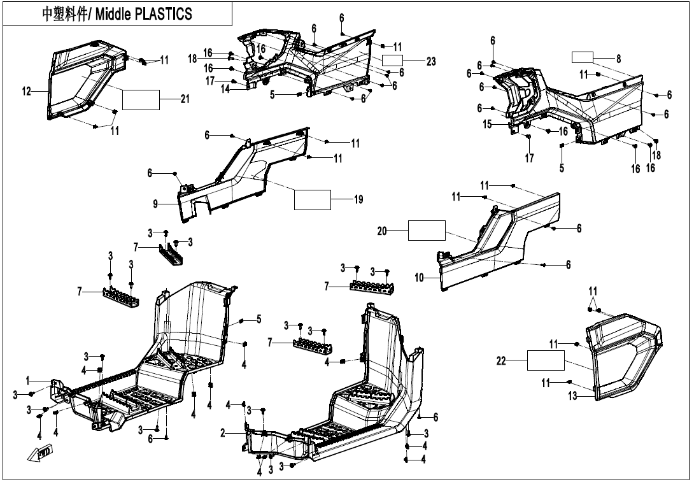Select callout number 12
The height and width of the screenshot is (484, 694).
[26, 92]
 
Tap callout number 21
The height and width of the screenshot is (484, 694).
[185, 99]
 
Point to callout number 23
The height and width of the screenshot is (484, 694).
[431, 62]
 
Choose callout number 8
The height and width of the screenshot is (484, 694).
[618, 58]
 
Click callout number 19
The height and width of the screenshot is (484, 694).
[358, 200]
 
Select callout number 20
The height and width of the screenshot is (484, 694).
[382, 231]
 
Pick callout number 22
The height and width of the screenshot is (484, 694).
[502, 361]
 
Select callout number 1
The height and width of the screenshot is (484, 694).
[28, 380]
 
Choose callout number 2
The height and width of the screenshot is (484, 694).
[223, 433]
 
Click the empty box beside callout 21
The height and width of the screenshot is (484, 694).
[141, 99]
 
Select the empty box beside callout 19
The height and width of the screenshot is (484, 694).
[312, 199]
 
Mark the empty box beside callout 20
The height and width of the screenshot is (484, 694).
[426, 231]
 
